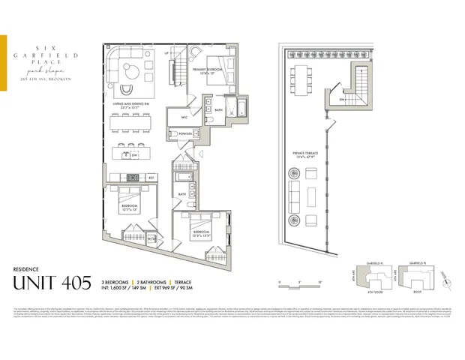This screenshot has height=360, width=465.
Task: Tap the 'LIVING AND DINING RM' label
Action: coord(128,106)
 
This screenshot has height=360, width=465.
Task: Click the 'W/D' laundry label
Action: coord(152,239)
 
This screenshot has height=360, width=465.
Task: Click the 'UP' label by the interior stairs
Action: coord(167,54)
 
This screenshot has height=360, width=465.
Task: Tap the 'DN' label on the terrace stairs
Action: coord(341,99)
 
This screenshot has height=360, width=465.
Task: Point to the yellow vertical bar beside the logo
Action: coord(3,63)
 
